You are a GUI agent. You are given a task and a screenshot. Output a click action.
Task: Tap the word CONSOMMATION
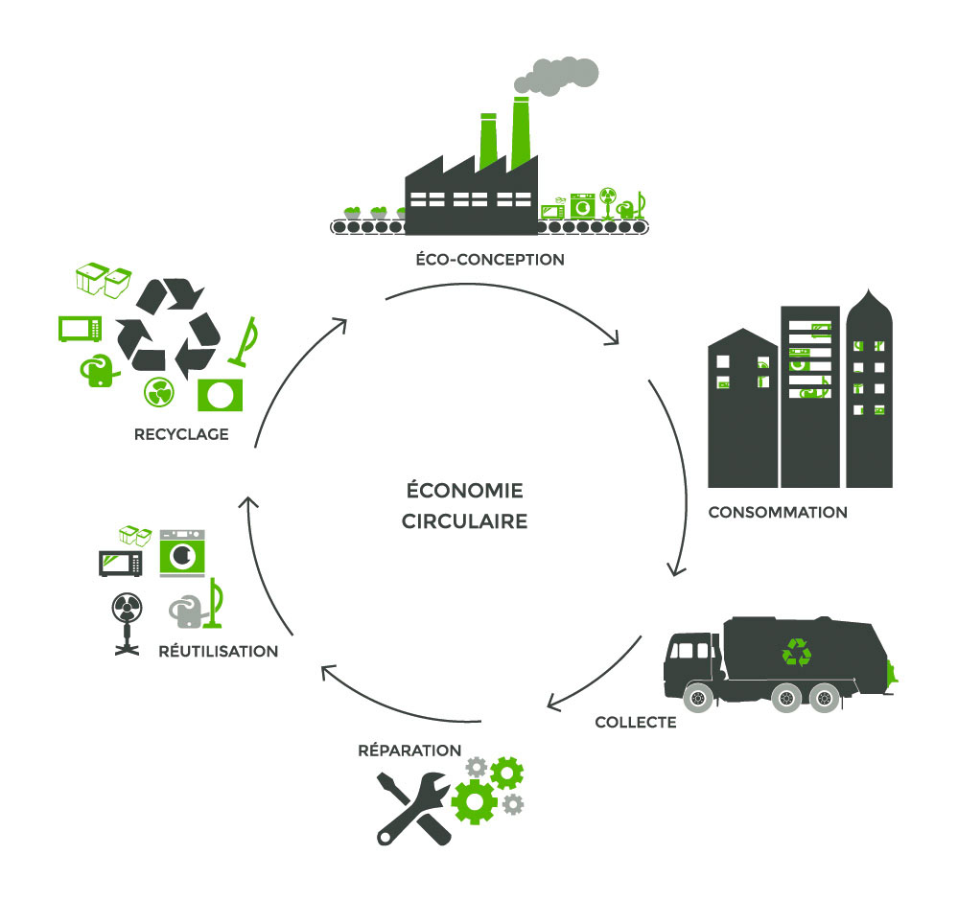coord(778,512)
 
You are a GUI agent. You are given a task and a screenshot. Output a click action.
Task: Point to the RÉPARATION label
coord(409,750)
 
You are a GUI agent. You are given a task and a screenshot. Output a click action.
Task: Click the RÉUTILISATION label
coord(219,651)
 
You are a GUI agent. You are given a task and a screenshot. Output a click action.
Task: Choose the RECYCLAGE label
coord(182,434)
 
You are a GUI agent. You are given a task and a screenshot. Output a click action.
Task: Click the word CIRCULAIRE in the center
coord(465,523)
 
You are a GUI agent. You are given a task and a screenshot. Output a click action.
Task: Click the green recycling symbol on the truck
coord(797,653)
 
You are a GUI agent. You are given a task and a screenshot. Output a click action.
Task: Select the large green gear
coord(474,799)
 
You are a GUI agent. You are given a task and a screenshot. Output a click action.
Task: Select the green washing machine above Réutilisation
coord(182,553)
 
